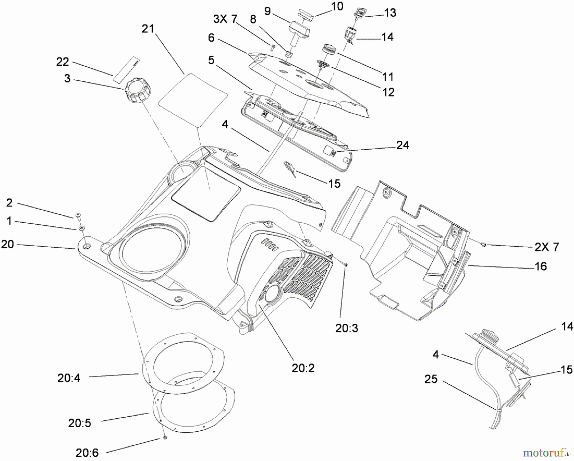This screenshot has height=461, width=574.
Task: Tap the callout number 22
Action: pyautogui.click(x=63, y=62)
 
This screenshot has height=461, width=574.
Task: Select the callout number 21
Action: pyautogui.click(x=148, y=29)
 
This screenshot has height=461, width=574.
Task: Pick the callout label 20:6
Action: pyautogui.click(x=87, y=452)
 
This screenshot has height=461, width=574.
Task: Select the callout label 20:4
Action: pyautogui.click(x=69, y=378)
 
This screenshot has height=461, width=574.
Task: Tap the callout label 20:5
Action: pyautogui.click(x=79, y=423)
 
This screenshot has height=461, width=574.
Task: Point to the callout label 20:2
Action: pyautogui.click(x=303, y=368)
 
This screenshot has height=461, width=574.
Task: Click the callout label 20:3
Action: pyautogui.click(x=347, y=328)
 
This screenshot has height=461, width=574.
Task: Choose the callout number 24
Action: pyautogui.click(x=402, y=145)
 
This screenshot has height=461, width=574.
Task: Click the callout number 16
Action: pyautogui.click(x=541, y=266)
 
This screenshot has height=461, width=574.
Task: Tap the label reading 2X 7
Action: pyautogui.click(x=547, y=247)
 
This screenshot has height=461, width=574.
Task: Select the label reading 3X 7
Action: pyautogui.click(x=225, y=19)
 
